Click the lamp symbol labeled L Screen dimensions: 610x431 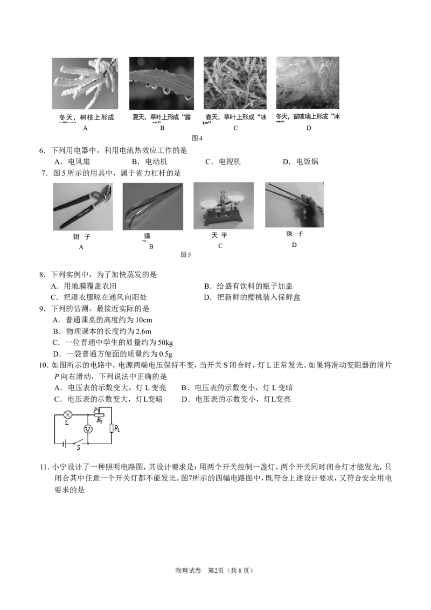point(68,415)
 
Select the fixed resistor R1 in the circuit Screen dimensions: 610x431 point(112,428)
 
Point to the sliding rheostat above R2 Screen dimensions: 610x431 point(99,415)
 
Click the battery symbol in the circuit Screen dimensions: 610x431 point(65,445)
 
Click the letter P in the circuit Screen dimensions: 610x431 point(95,410)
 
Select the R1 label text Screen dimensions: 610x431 point(117,429)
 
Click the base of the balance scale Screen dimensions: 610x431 point(223,220)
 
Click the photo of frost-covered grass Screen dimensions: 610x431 point(235,83)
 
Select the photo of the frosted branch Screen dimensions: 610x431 point(84,83)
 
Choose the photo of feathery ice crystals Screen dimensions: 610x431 point(308,83)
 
